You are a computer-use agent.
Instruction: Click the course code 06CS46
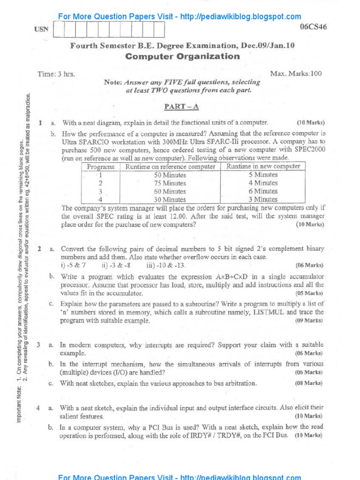tap(313, 27)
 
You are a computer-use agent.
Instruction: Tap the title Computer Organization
tap(183, 57)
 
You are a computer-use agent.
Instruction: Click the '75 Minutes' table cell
tap(170, 183)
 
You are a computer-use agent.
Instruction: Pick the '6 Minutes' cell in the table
tap(263, 191)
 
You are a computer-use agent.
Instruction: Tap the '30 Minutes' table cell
tap(170, 200)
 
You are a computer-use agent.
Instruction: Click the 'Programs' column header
tap(101, 166)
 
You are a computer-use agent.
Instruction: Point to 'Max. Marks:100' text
tap(296, 74)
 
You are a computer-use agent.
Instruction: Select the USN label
tap(42, 30)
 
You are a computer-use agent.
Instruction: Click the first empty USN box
tap(60, 30)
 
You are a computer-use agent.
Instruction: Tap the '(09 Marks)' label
tap(309, 321)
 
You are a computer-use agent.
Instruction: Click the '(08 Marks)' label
tap(309, 383)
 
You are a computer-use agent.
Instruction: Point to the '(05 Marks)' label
tap(309, 293)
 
